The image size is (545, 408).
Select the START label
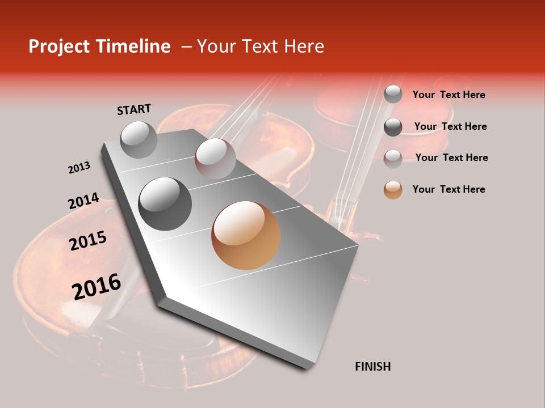click(x=134, y=109)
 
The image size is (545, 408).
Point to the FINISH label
click(x=372, y=367)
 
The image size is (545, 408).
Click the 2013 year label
click(x=79, y=168)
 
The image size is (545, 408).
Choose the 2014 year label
click(x=83, y=201)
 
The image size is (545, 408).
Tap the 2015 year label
click(x=88, y=241)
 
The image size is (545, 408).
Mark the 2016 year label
click(x=97, y=286)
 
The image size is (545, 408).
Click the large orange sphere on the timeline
click(x=246, y=235)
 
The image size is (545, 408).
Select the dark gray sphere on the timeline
click(x=165, y=203)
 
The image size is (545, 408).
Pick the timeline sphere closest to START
click(x=139, y=139)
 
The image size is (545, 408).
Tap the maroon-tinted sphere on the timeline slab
click(x=215, y=158)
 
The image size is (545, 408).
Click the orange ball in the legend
click(x=393, y=190)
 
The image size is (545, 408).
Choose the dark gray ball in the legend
click(x=393, y=127)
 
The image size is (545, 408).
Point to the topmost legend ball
click(x=393, y=94)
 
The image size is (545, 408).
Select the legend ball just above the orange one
click(x=393, y=159)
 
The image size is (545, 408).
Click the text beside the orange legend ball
click(x=448, y=189)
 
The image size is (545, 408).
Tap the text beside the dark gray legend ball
click(x=450, y=126)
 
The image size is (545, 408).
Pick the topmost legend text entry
click(x=448, y=95)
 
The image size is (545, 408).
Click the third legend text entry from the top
click(x=451, y=158)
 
